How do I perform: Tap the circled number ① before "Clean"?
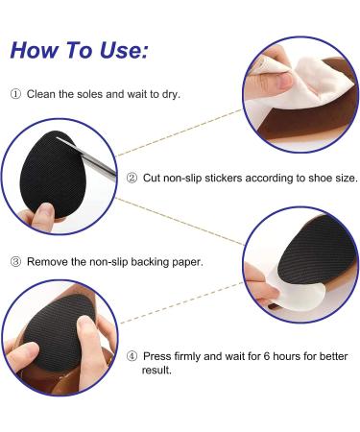click(15, 95)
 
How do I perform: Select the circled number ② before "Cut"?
click(132, 178)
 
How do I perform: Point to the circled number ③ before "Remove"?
click(15, 261)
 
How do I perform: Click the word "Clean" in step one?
click(42, 95)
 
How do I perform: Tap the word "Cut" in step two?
click(152, 178)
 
